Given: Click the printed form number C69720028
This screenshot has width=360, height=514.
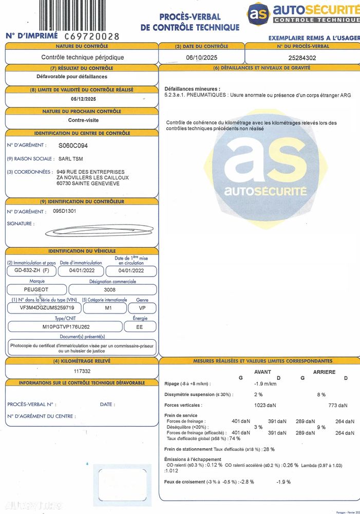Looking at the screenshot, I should point(92,36).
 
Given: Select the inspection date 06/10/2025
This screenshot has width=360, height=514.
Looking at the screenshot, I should point(202,58).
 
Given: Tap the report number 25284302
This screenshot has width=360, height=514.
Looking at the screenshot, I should point(302,58).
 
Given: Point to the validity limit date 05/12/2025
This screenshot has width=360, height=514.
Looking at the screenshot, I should point(83,99).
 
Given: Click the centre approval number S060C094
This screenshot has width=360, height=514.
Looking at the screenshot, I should point(73,145).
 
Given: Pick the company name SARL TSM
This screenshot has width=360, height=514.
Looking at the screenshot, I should point(71,159).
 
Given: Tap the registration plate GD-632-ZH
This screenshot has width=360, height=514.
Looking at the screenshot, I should point(29,271).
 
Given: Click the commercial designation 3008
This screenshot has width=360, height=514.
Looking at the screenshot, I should point(109,289).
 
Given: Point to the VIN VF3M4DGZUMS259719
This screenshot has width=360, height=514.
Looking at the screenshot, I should point(44,308).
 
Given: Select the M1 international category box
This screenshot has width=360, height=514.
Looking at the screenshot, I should point(105,308).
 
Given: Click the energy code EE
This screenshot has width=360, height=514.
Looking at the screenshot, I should point(139,326).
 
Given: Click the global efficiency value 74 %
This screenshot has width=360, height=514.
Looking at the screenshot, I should point(235,438).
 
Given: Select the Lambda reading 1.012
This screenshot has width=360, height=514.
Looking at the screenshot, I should point(172,470).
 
